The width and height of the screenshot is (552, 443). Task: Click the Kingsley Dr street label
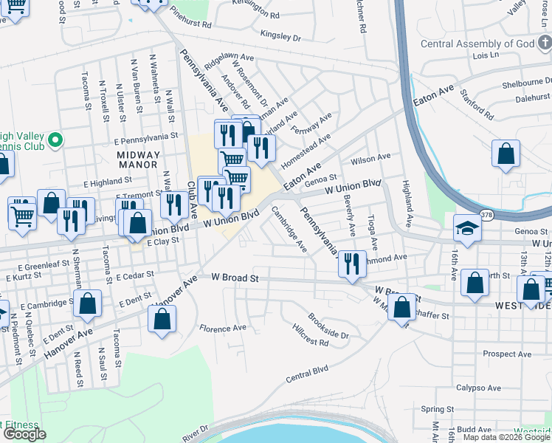281,35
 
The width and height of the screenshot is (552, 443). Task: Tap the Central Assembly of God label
477,44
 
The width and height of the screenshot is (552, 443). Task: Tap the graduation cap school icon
468,229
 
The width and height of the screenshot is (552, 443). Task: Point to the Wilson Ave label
370,157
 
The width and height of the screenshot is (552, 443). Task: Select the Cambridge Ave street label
289,229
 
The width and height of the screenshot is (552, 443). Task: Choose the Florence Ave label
222,328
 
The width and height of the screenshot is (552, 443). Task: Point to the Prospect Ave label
507,354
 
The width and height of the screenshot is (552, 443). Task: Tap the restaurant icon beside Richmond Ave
352,262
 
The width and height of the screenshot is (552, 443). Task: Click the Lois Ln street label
486,55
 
